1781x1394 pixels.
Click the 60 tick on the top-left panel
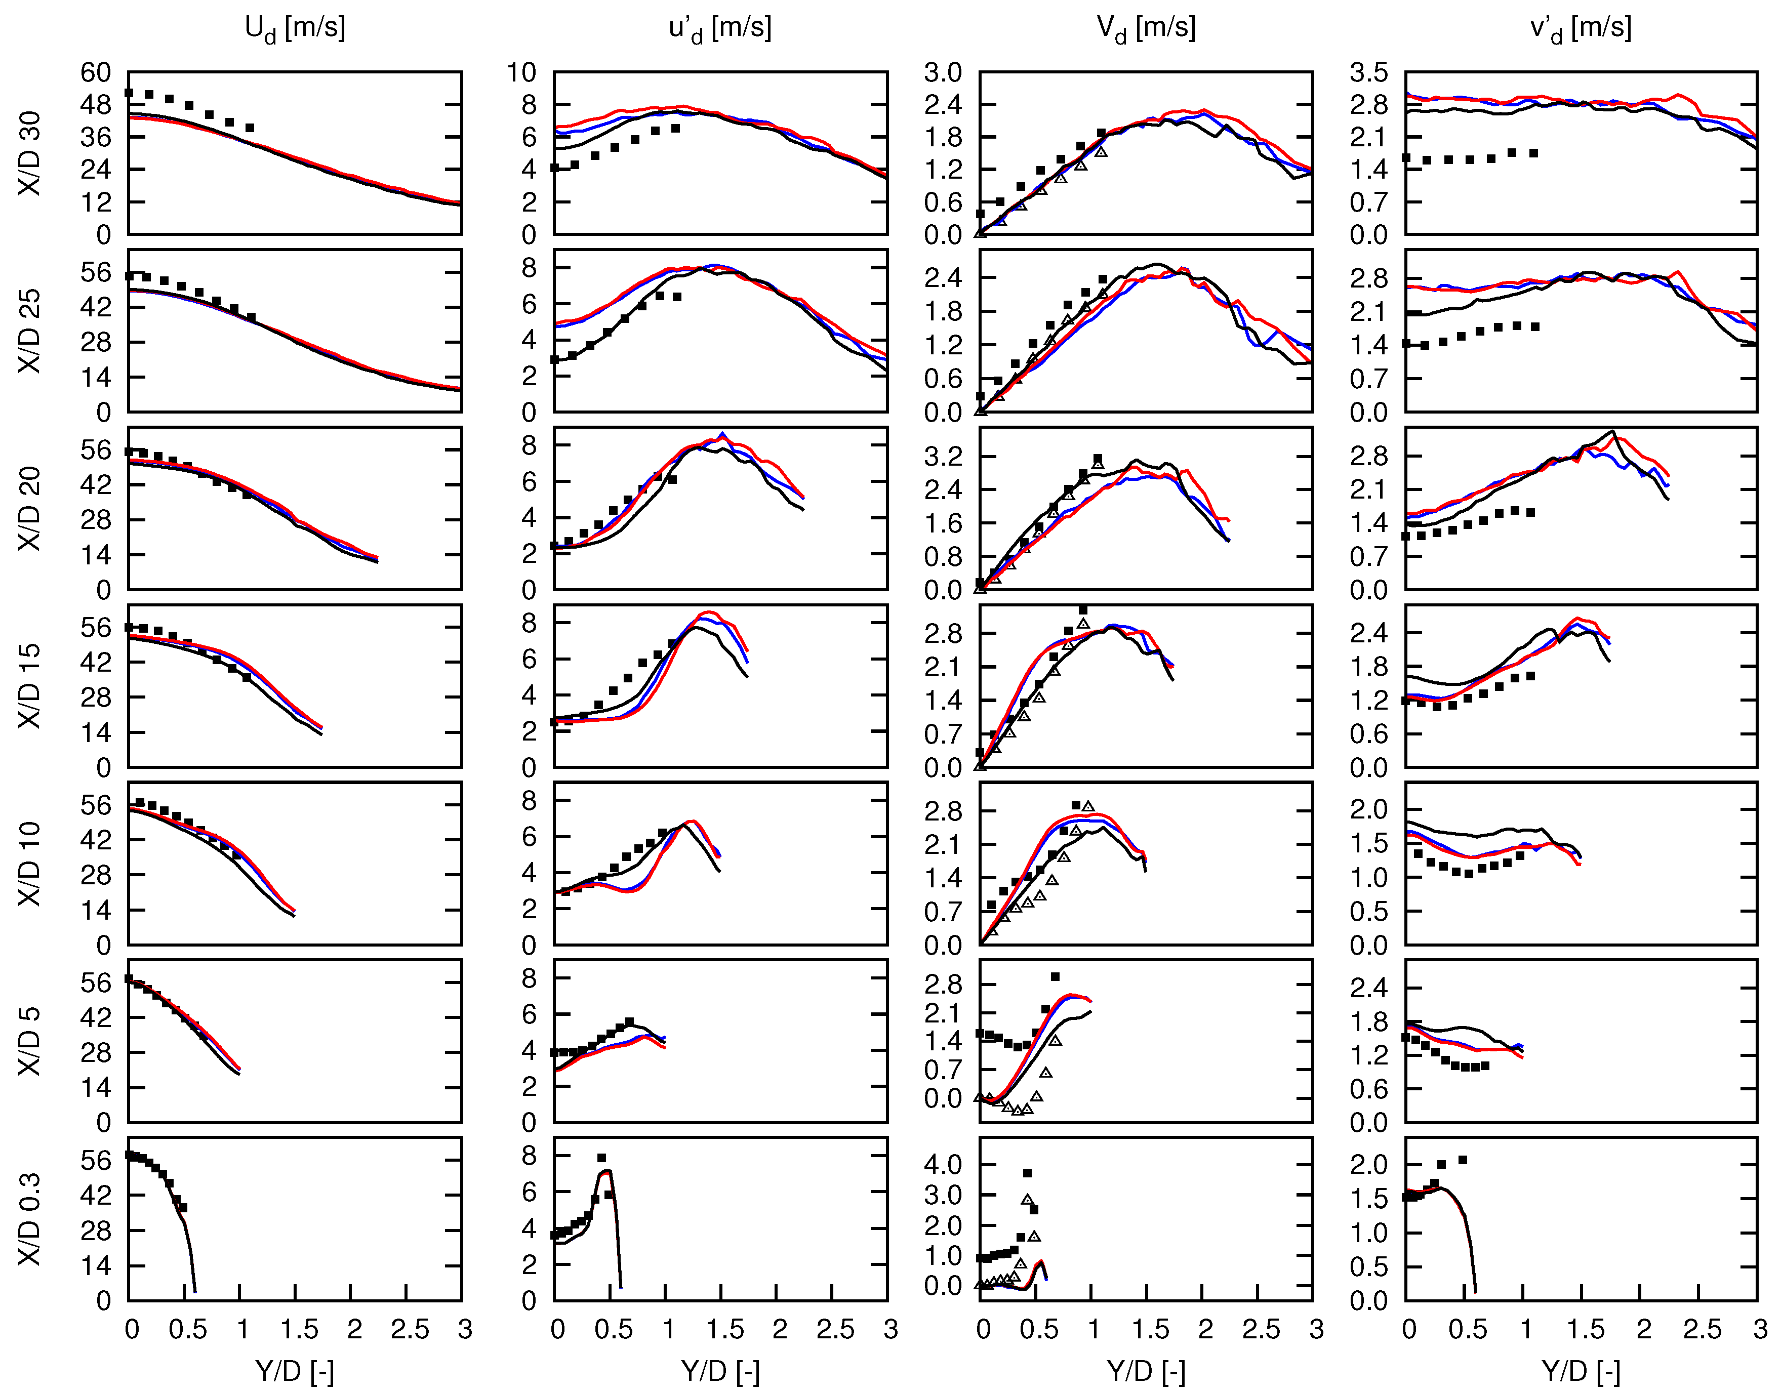point(96,73)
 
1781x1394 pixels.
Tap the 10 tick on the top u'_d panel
point(521,73)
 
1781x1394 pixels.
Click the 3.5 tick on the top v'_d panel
point(1369,73)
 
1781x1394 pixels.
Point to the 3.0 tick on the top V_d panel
point(943,73)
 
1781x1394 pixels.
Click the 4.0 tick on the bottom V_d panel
point(943,1165)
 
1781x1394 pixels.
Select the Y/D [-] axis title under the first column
point(295,1371)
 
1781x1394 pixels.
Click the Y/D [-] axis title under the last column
point(1580,1371)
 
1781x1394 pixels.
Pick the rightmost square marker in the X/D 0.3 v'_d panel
point(1463,1160)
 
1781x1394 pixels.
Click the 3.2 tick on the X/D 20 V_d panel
point(943,456)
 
